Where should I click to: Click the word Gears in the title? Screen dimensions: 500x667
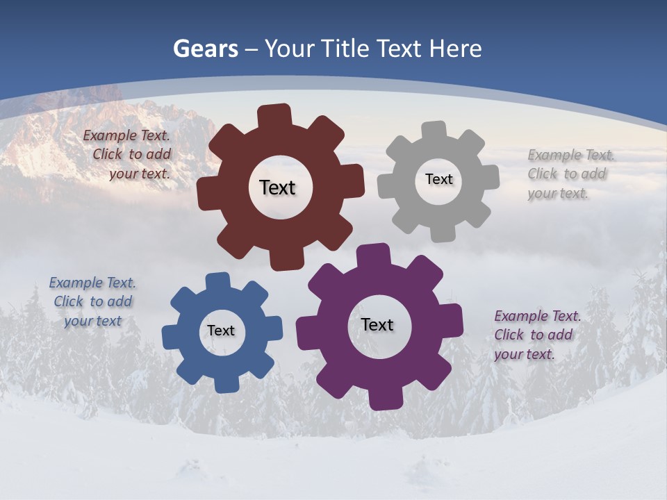coord(206,49)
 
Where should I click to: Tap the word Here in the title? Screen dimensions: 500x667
coord(455,49)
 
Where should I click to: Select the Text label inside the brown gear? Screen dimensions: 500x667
coord(277,187)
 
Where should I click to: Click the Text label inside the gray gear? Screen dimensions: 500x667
coord(438,179)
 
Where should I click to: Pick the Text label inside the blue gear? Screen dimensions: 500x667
coord(220,331)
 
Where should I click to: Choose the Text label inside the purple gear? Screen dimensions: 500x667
coord(377,325)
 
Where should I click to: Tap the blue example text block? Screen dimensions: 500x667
coord(92,301)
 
